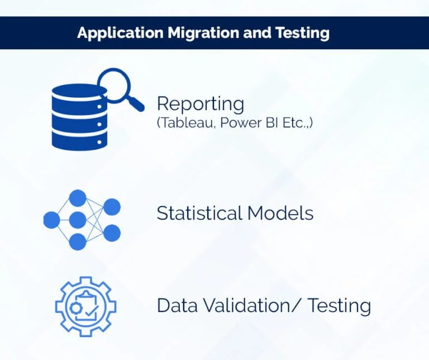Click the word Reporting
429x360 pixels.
point(200,105)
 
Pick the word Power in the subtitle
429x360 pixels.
point(240,123)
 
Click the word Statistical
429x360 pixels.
point(199,213)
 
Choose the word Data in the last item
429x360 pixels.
point(178,305)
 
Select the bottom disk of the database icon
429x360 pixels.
point(78,139)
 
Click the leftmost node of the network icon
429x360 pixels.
point(51,220)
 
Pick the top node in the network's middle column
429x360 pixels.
point(77,198)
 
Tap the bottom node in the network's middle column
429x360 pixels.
point(77,241)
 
